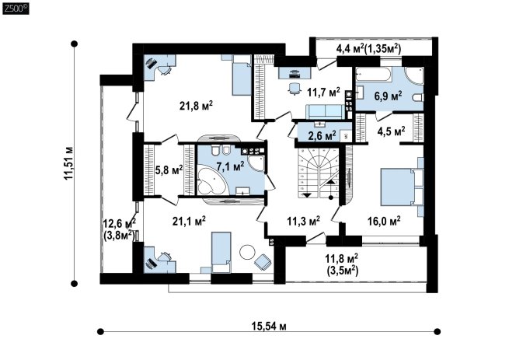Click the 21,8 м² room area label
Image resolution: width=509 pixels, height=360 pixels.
196,106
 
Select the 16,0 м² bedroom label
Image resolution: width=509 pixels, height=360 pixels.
384,222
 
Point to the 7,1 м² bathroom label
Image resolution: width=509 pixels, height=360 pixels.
230,166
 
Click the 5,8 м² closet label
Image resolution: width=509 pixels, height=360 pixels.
169,170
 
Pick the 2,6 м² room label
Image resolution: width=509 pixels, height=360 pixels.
322,136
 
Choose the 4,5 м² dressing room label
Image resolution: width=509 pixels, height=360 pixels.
391,131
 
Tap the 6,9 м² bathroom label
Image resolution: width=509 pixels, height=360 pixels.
389,96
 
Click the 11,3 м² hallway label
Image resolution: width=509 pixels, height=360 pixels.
304,222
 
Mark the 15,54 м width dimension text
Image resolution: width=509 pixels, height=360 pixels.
269,326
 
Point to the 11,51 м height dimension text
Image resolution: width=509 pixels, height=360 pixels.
68,163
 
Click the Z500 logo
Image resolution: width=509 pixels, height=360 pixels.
16,9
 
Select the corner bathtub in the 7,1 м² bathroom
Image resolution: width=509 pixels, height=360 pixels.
211,180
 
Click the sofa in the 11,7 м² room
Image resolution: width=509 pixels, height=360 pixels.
325,112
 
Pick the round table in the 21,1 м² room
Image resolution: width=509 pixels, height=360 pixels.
248,252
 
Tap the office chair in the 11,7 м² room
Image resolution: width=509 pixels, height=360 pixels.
294,88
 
